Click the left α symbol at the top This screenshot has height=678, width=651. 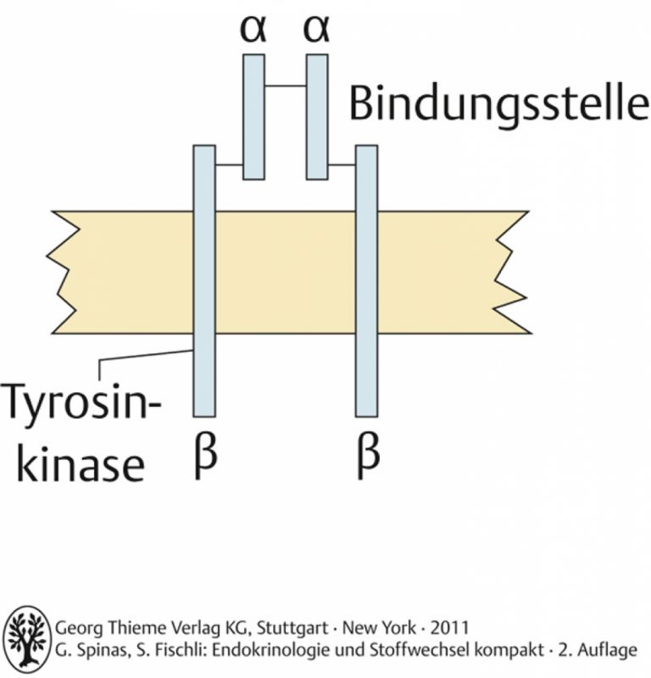click(x=253, y=30)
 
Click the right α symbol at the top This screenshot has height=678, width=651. click(x=316, y=30)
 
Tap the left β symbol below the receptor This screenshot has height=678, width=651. click(x=205, y=456)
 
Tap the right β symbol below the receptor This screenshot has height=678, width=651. click(x=369, y=456)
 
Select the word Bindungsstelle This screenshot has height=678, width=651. click(x=498, y=104)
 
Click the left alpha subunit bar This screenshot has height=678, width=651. click(x=253, y=117)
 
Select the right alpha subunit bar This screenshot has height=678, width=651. click(x=317, y=117)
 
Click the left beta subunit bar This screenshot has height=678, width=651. click(x=204, y=281)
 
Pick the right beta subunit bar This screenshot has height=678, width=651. click(x=367, y=281)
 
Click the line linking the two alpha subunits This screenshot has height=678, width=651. click(x=286, y=86)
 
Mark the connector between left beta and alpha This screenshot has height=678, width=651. click(x=229, y=164)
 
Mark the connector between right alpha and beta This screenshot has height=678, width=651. click(x=342, y=164)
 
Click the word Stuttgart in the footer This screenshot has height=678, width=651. click(x=292, y=628)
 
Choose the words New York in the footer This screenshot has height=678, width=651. click(x=380, y=627)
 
